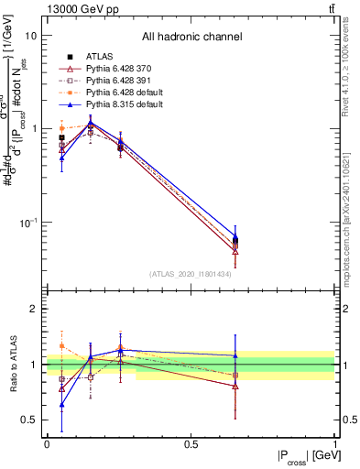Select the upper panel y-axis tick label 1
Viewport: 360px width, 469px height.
point(34,129)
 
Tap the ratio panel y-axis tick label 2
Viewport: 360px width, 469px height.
point(34,310)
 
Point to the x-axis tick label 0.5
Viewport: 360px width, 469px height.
point(191,444)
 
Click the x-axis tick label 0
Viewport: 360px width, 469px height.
point(47,444)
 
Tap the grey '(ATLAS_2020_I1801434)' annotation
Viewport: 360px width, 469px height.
point(191,274)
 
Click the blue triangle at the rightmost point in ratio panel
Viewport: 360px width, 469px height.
point(235,355)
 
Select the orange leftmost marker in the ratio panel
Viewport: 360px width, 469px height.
point(61,346)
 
